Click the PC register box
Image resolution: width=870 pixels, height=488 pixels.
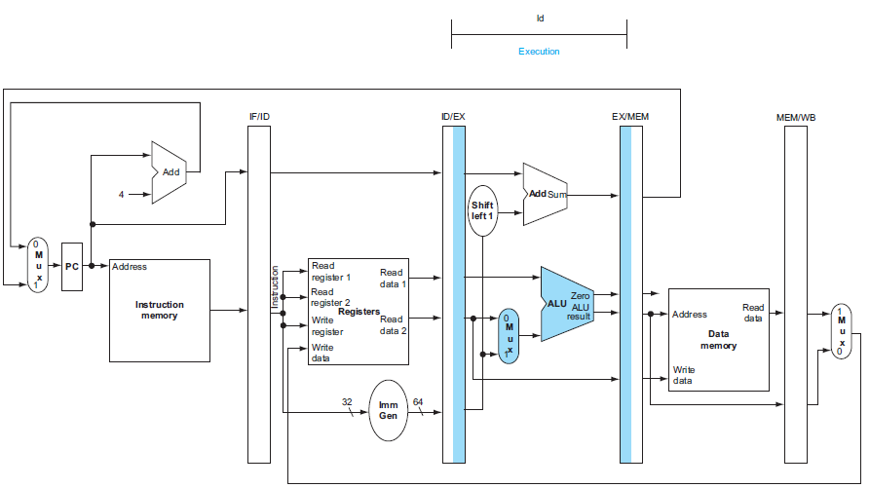point(71,267)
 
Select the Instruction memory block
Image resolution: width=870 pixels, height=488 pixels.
point(160,311)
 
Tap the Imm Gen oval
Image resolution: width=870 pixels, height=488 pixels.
point(388,410)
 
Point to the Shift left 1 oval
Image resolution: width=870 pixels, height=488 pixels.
point(482,210)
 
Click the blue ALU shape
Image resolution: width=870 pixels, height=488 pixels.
point(566,304)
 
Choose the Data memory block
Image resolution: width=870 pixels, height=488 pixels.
point(719,339)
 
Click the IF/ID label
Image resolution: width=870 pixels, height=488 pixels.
point(259,117)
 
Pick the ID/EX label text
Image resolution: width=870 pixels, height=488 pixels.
point(453,117)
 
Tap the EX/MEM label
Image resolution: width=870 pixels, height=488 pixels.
point(630,117)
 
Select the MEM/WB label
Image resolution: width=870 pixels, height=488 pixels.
point(796,118)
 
